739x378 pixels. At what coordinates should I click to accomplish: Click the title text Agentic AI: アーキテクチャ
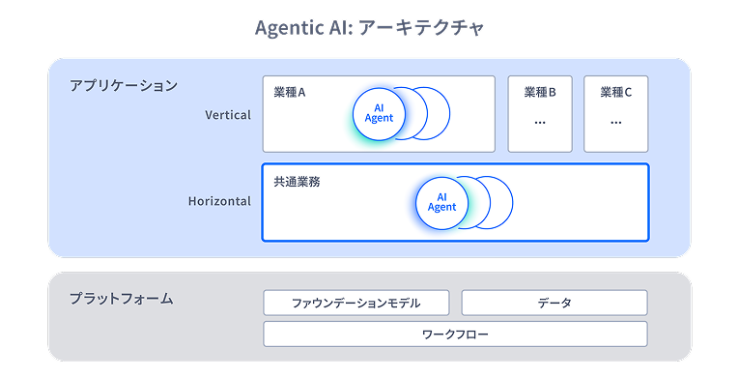(369, 27)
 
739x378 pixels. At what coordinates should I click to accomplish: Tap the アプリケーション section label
(124, 85)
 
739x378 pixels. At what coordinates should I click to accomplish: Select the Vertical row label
(228, 115)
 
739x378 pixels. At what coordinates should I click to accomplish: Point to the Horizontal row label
(219, 201)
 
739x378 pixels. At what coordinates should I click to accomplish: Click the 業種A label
(290, 93)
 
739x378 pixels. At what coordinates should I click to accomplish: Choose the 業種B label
(540, 93)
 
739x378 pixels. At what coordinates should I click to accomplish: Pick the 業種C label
(615, 93)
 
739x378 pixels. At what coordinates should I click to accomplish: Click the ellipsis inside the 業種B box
(540, 123)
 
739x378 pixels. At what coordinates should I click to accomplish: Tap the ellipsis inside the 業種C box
(615, 123)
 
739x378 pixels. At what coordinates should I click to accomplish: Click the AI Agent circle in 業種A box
(379, 113)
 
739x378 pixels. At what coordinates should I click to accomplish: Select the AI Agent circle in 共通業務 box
(441, 201)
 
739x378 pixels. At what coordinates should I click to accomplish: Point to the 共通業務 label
(297, 181)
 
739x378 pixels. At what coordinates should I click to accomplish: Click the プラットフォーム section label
(122, 299)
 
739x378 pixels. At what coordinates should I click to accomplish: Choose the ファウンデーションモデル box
(356, 303)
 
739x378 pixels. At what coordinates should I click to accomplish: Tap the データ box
(554, 303)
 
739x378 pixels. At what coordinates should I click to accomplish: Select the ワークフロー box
(455, 334)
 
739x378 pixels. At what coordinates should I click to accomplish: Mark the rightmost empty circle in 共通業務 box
(499, 201)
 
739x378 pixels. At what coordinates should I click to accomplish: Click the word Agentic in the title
(290, 27)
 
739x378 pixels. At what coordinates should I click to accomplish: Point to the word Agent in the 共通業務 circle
(441, 207)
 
